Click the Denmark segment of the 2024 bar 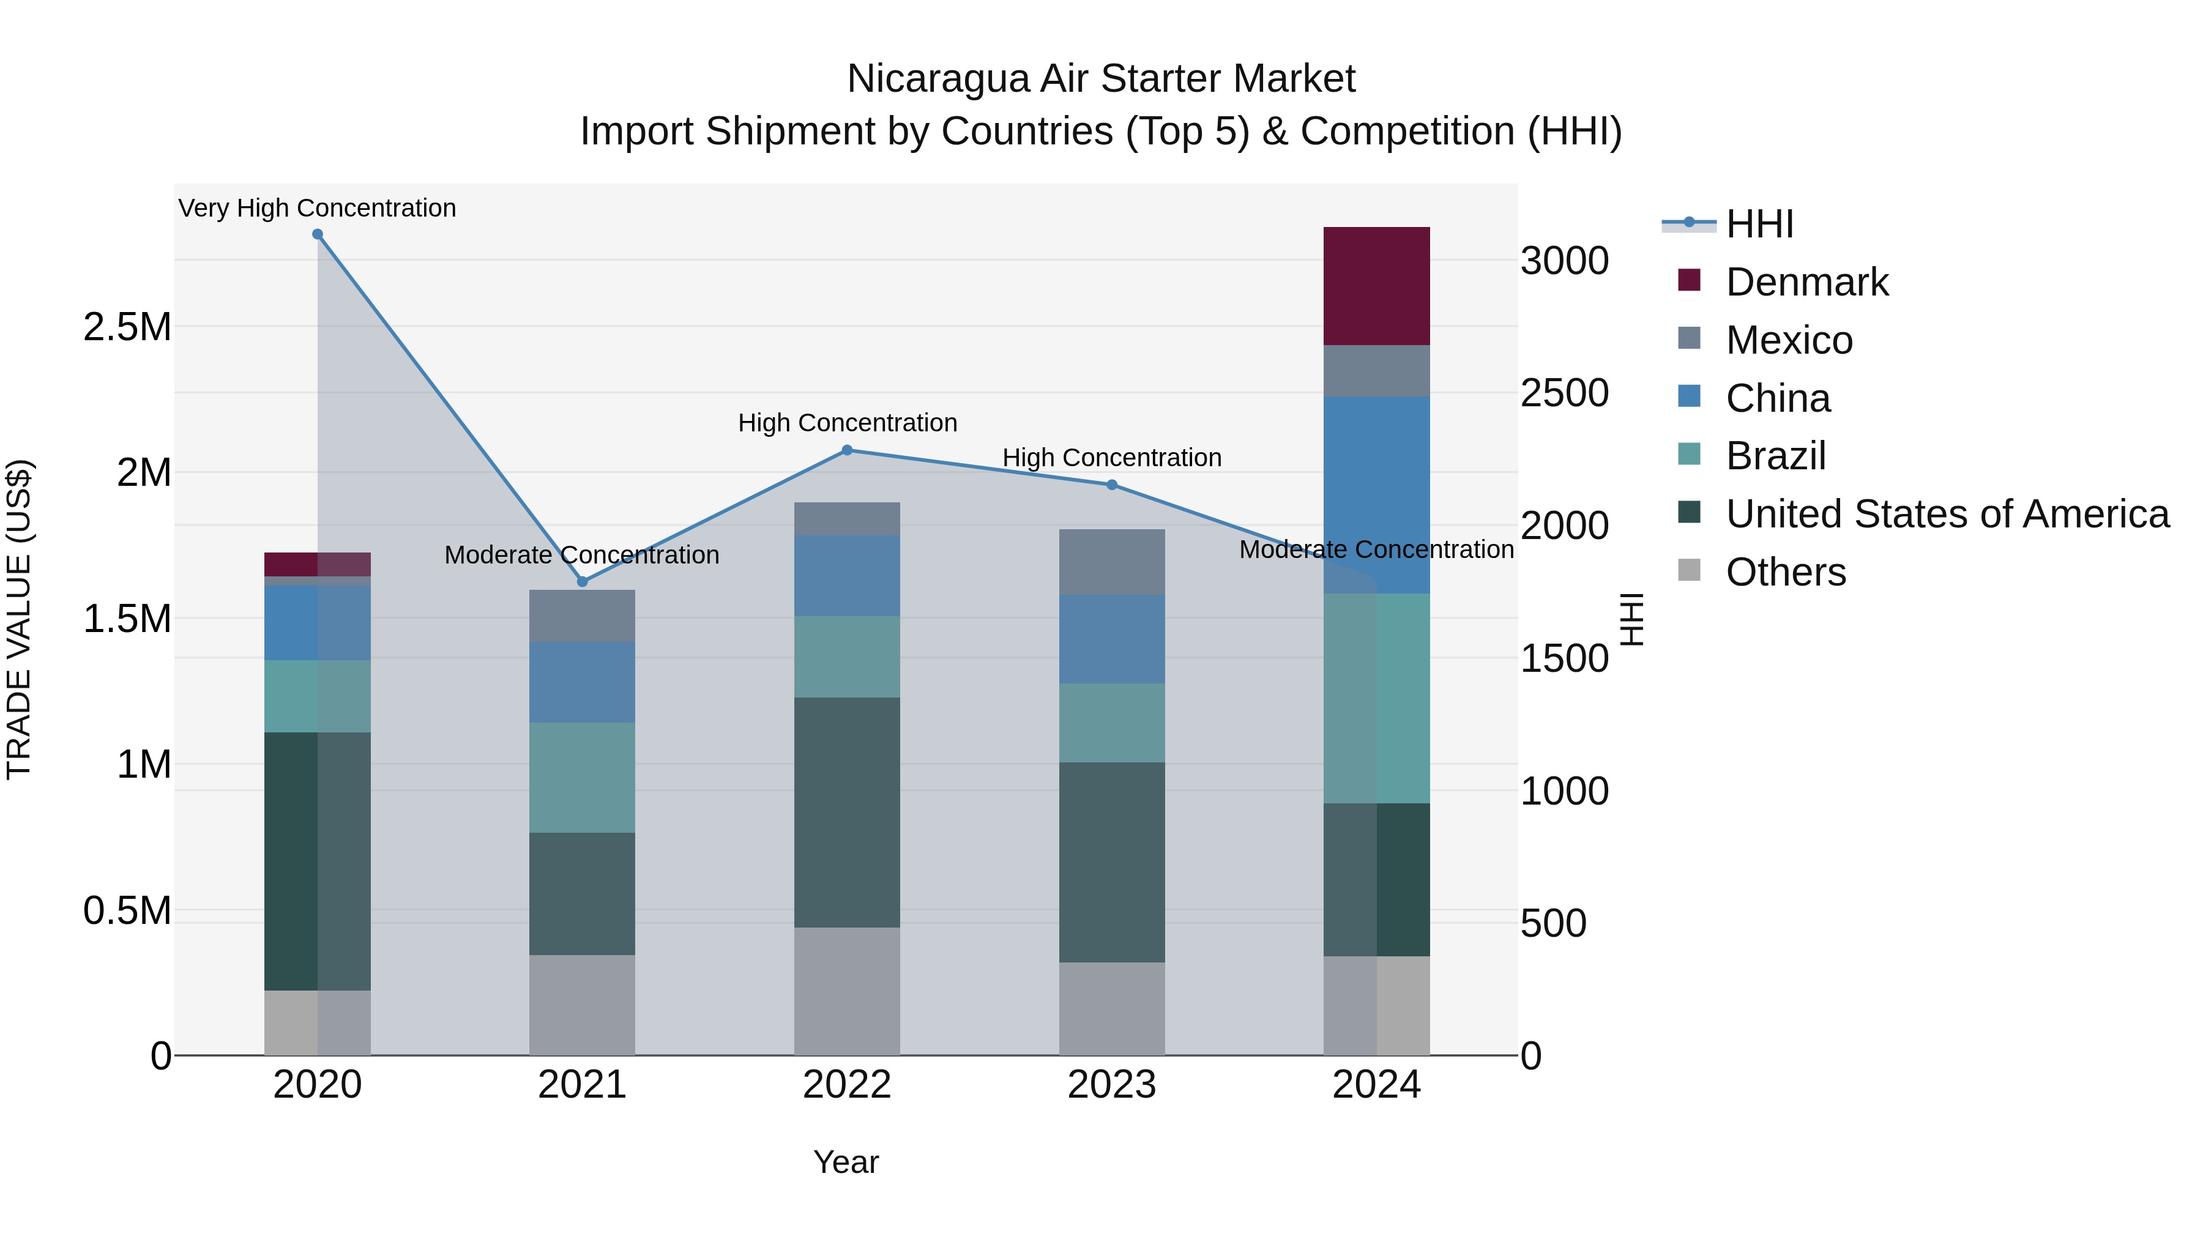tap(1376, 286)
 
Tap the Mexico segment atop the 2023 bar tap(1112, 562)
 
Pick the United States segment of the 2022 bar tap(847, 813)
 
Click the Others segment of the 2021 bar tap(581, 1005)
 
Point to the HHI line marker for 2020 tap(317, 234)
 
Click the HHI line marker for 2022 tap(847, 450)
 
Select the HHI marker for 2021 tap(583, 581)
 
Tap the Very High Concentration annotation tap(317, 208)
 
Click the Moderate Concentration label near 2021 tap(581, 555)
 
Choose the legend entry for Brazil tap(1775, 456)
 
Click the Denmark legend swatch tap(1689, 280)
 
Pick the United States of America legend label tap(1947, 514)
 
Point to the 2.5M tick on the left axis tap(127, 327)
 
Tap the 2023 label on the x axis tap(1112, 1085)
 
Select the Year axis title tap(846, 1162)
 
